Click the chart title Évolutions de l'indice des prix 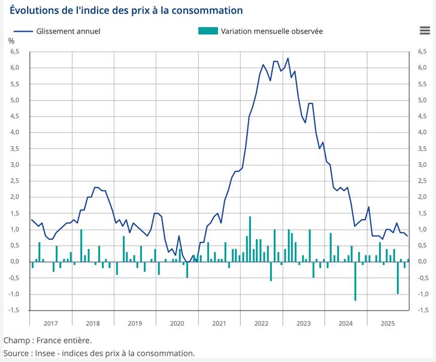[x=126, y=10]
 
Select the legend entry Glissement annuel [x=68, y=31]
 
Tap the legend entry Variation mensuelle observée [x=271, y=31]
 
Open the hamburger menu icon [x=425, y=31]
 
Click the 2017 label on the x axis [x=50, y=323]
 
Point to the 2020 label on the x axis [x=177, y=323]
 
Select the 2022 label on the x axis [x=261, y=323]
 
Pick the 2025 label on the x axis [x=387, y=323]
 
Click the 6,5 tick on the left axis [x=14, y=52]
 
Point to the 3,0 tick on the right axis [x=422, y=165]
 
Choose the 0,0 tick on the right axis [x=422, y=261]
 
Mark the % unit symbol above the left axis [x=11, y=41]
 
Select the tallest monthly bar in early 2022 [x=250, y=239]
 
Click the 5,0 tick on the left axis [x=14, y=100]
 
